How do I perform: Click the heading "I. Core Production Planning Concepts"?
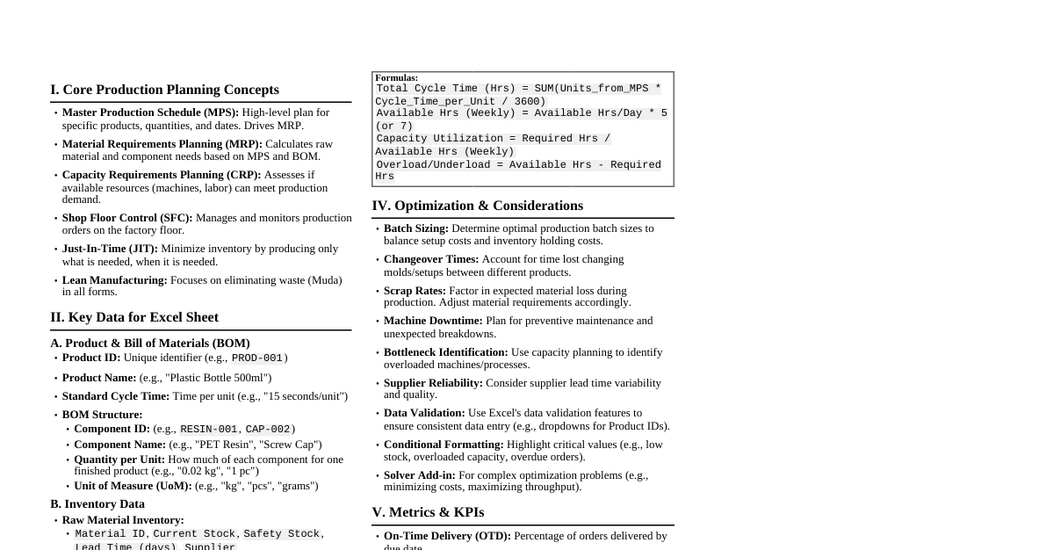pyautogui.click(x=164, y=90)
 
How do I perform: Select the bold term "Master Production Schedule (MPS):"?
pyautogui.click(x=150, y=112)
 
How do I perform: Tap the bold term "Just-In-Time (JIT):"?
pyautogui.click(x=110, y=249)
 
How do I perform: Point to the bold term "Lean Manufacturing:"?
pyautogui.click(x=114, y=280)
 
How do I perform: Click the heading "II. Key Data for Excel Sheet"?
pyautogui.click(x=134, y=317)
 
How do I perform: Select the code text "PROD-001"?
pyautogui.click(x=257, y=358)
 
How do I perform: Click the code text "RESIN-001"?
pyautogui.click(x=208, y=430)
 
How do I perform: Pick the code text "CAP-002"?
pyautogui.click(x=268, y=430)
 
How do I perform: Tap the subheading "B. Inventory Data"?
pyautogui.click(x=97, y=504)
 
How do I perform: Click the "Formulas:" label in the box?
pyautogui.click(x=397, y=78)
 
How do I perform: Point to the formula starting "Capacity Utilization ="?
pyautogui.click(x=493, y=145)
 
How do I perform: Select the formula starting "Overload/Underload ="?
pyautogui.click(x=518, y=170)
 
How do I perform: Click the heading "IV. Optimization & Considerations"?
pyautogui.click(x=477, y=206)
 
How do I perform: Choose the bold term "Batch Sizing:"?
pyautogui.click(x=416, y=228)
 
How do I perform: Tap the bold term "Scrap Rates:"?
pyautogui.click(x=415, y=291)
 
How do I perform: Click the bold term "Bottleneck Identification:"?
pyautogui.click(x=445, y=352)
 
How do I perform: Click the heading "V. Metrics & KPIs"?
pyautogui.click(x=428, y=512)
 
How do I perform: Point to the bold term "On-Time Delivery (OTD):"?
pyautogui.click(x=447, y=536)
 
